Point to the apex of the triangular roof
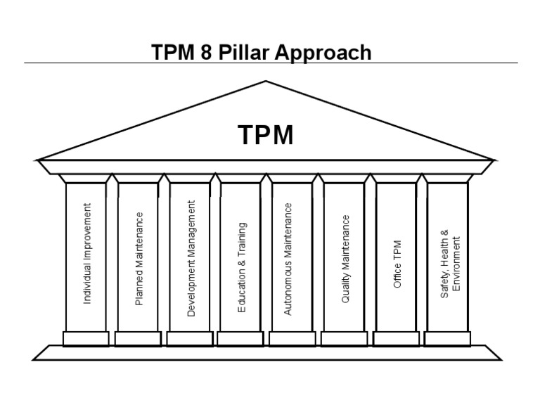point(266,82)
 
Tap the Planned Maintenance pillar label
point(139,258)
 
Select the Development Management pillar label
point(191,258)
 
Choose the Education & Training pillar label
point(243,268)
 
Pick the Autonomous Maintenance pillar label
point(288,259)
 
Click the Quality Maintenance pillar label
point(345,259)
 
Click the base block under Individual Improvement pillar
point(86,338)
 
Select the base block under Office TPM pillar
point(396,338)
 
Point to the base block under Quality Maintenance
point(344,338)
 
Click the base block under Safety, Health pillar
point(447,338)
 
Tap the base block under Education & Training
point(240,338)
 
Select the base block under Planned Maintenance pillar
point(138,338)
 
